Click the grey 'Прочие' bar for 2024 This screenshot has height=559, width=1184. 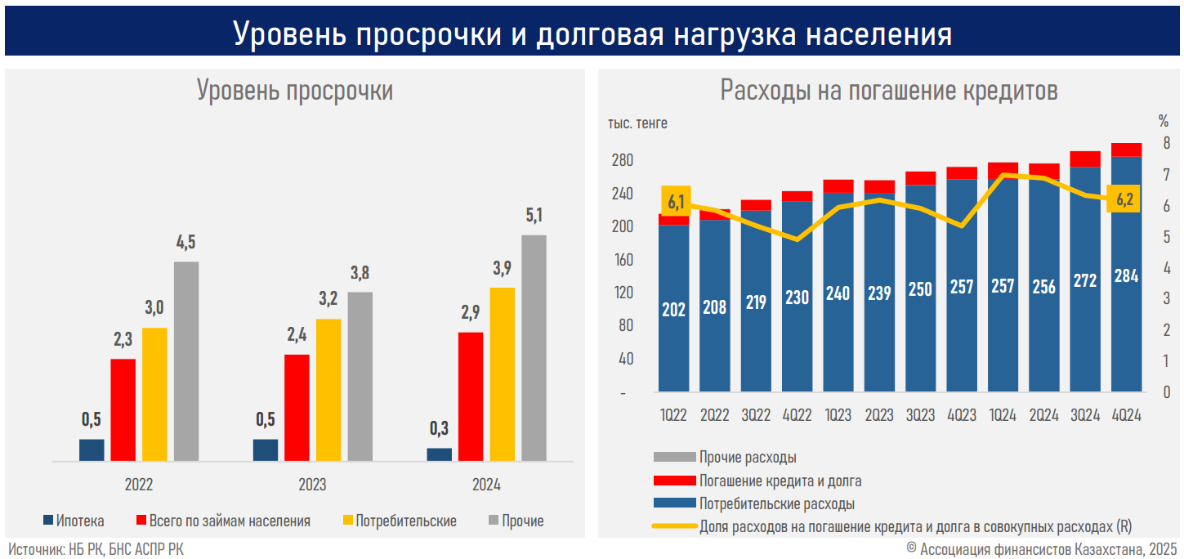pos(534,348)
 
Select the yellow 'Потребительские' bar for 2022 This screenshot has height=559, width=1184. pos(154,394)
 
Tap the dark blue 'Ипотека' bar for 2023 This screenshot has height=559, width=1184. pos(266,450)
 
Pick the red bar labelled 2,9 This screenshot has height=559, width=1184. pos(471,396)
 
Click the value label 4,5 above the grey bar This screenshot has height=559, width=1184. pos(186,243)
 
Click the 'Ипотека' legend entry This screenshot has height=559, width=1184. pos(74,521)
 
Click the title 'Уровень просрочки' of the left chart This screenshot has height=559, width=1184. pos(294,90)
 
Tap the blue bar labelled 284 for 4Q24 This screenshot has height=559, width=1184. pos(1127,274)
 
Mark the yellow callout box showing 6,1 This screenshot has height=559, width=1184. pos(676,202)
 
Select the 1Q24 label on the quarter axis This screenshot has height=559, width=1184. pos(1003,415)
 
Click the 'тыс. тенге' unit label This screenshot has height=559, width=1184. pos(637,123)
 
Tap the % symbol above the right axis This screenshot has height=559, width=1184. pos(1163,122)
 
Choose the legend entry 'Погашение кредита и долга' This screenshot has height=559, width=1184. pos(780,481)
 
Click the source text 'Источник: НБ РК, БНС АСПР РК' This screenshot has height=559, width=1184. pos(96,549)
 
